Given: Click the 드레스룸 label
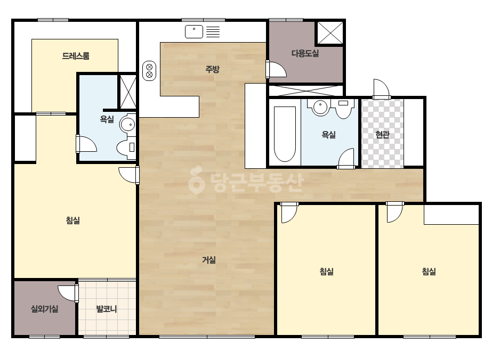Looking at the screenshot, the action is click(x=76, y=56).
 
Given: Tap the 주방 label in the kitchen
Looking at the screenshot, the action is click(x=213, y=69).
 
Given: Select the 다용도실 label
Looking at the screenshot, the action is click(x=305, y=53).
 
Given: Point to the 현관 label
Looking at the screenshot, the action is click(x=383, y=135).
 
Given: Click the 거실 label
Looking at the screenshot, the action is click(x=208, y=260).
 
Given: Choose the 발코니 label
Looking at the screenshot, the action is click(x=107, y=309).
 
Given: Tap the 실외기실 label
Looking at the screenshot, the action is click(x=45, y=309).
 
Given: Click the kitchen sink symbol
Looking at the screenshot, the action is click(x=194, y=31).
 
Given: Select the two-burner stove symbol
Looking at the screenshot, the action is click(x=149, y=71).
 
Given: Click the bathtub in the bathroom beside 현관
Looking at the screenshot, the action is click(x=285, y=134).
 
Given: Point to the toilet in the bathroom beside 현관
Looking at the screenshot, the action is click(x=344, y=109).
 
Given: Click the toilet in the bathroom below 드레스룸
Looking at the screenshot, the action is click(x=126, y=147).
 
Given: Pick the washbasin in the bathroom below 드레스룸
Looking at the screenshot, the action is click(x=127, y=125).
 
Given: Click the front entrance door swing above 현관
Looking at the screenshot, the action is click(x=381, y=89).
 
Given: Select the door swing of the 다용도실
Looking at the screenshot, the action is click(x=276, y=69).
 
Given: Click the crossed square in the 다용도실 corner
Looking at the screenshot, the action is click(x=330, y=33).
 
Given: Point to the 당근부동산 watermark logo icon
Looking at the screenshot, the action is click(x=196, y=180).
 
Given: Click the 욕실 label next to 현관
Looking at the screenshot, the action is click(x=328, y=135).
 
